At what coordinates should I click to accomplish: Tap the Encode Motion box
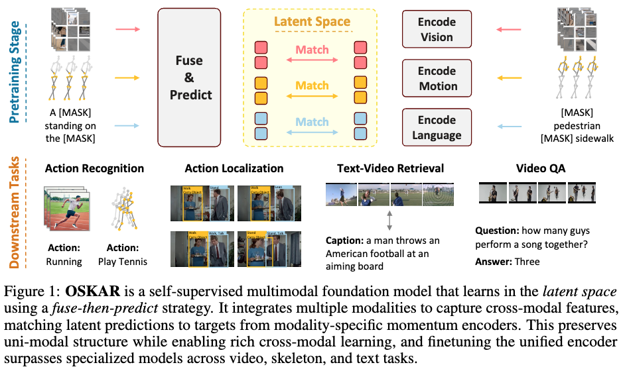point(437,78)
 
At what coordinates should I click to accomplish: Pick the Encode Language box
point(437,127)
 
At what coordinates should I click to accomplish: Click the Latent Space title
point(312,22)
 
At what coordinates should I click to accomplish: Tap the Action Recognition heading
point(94,168)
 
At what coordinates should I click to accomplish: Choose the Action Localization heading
point(235,168)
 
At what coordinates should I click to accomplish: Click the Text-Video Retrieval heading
point(390,168)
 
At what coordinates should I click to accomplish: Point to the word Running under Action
point(64,261)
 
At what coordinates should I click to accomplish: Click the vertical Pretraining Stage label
point(15,72)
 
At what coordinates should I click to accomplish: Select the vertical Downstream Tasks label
point(15,212)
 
